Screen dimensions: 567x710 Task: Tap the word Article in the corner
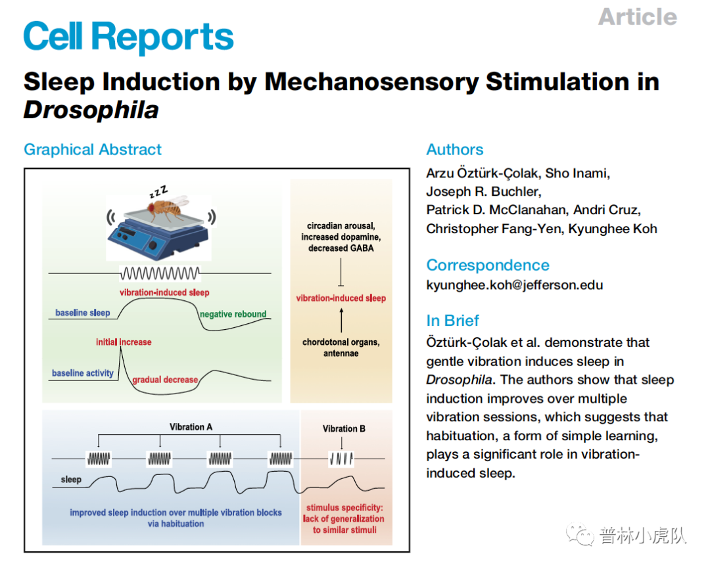click(x=637, y=17)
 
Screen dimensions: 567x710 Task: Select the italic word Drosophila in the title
click(x=91, y=110)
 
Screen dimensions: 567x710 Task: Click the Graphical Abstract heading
click(x=93, y=150)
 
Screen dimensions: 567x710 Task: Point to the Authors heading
click(x=454, y=150)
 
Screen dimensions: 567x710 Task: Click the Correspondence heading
click(x=487, y=265)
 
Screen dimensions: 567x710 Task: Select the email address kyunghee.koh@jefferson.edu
click(x=514, y=285)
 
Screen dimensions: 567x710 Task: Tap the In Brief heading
click(x=452, y=321)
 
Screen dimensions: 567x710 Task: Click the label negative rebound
click(x=233, y=314)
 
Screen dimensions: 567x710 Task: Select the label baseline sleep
click(x=82, y=313)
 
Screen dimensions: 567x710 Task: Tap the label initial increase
click(x=124, y=342)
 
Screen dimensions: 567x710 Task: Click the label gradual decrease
click(x=164, y=380)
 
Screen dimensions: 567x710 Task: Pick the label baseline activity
click(x=83, y=373)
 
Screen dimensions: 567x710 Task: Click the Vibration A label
click(x=191, y=427)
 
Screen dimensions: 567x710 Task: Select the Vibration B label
click(x=344, y=429)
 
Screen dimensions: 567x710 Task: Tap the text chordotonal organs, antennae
click(x=341, y=348)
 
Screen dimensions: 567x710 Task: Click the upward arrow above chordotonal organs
click(x=341, y=321)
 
